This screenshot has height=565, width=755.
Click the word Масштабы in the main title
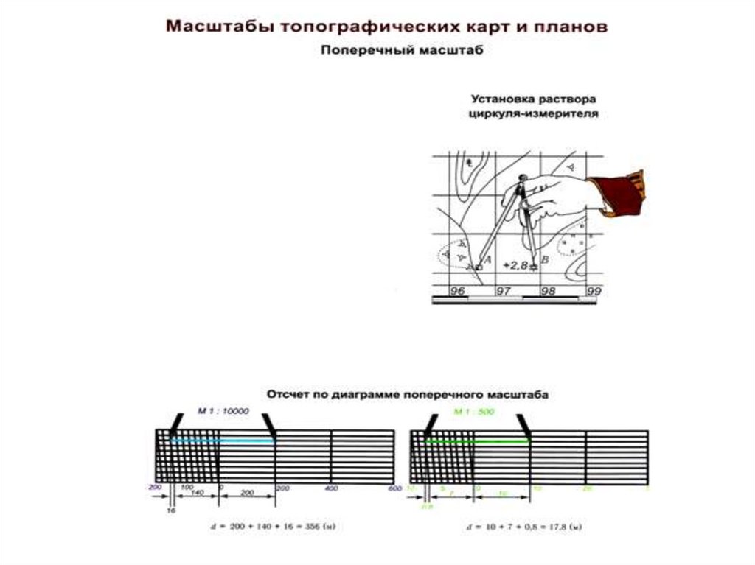tap(212, 27)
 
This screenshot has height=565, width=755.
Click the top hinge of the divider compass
tap(523, 178)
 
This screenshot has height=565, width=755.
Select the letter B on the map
tap(544, 260)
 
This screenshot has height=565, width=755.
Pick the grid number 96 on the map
tap(457, 292)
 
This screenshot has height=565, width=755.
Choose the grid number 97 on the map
tap(504, 292)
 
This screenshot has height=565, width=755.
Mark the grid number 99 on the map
tap(595, 292)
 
